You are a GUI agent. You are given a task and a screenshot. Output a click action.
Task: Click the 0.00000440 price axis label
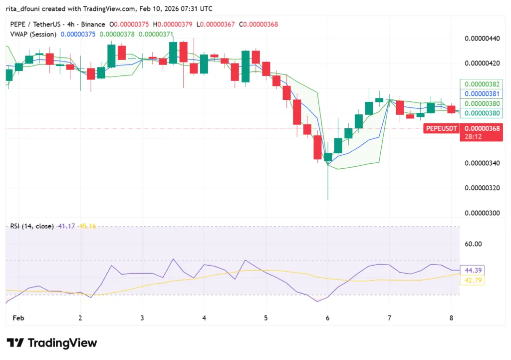click(482, 38)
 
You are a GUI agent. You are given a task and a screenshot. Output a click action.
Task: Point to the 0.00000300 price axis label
click(482, 213)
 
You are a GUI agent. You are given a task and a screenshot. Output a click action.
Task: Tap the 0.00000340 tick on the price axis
click(482, 163)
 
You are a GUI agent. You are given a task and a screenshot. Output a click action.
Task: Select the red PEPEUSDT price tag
click(441, 129)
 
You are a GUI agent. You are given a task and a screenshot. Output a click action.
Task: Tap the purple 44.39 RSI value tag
click(472, 270)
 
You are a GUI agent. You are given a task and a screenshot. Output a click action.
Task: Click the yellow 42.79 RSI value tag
click(472, 281)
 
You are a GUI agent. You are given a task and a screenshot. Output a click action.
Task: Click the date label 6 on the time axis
click(327, 318)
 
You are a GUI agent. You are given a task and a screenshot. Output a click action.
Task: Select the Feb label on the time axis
click(18, 318)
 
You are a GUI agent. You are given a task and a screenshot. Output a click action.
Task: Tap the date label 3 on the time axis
click(142, 318)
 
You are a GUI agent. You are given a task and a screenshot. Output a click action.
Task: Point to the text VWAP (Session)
click(33, 34)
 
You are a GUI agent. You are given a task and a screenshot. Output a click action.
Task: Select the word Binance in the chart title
click(93, 24)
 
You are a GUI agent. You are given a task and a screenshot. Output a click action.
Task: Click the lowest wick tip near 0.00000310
click(328, 199)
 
